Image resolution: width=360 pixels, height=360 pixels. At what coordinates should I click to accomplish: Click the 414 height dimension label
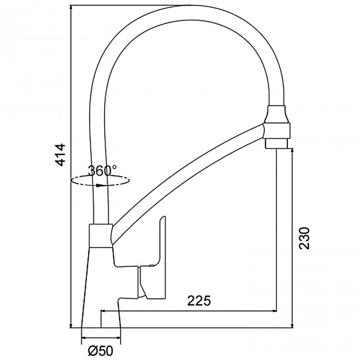(x=61, y=155)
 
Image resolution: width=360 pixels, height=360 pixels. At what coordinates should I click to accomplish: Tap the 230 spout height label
(x=304, y=238)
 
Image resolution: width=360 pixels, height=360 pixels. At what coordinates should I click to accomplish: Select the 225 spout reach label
(x=199, y=301)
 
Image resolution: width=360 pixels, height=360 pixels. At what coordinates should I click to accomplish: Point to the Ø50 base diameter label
(x=101, y=351)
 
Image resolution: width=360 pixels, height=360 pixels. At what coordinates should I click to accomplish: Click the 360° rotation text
(x=102, y=171)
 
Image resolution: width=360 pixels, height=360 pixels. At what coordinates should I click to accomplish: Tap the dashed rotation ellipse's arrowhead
(x=100, y=186)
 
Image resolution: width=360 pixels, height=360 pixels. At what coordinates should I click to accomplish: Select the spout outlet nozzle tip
(x=276, y=143)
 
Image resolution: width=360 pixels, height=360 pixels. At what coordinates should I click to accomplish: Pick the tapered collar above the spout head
(x=277, y=114)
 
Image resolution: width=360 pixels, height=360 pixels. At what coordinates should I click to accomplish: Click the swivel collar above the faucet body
(x=101, y=235)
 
